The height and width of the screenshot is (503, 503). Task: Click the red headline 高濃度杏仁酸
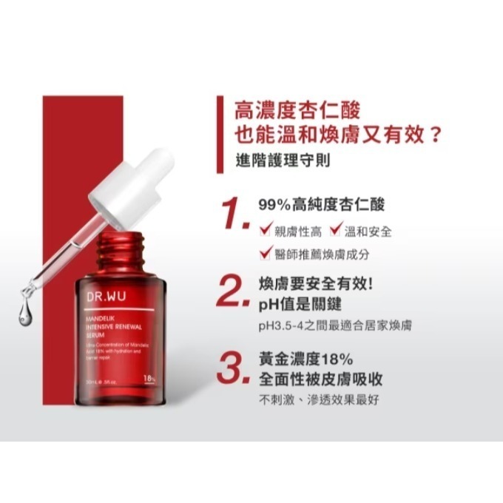point(296,111)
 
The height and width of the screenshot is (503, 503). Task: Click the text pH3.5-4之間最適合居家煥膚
point(334,326)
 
